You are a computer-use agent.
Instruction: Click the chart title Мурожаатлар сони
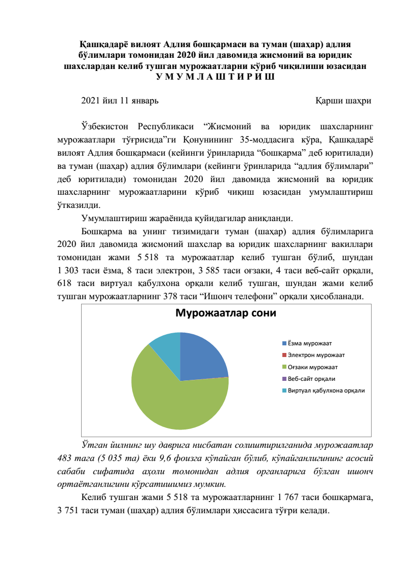pos(226,313)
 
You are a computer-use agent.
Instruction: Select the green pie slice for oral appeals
pos(177,406)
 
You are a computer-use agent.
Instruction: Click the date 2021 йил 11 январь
pos(120,100)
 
